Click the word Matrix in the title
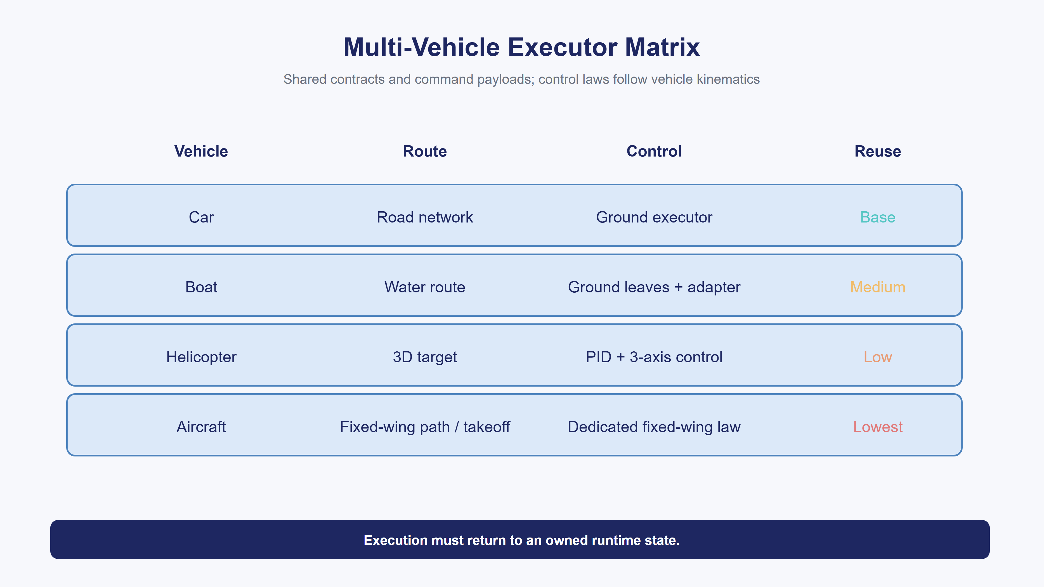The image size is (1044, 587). (x=662, y=47)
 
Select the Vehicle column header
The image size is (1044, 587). (x=201, y=151)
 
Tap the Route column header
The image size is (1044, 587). (x=425, y=151)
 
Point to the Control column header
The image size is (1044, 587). (x=654, y=151)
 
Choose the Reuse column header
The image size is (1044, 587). (x=878, y=151)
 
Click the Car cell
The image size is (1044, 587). (x=201, y=217)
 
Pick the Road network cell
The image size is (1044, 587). (x=425, y=217)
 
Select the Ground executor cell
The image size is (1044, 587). (x=654, y=217)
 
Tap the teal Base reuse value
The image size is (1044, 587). (x=878, y=217)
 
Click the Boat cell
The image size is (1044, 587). (x=201, y=287)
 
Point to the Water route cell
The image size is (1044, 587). (x=425, y=287)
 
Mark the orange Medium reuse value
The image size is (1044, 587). (x=878, y=287)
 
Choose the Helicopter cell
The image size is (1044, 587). (x=201, y=357)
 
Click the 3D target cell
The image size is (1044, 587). (x=425, y=357)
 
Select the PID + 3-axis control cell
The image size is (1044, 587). (x=654, y=357)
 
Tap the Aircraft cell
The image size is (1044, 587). (x=201, y=427)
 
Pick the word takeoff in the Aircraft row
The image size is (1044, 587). (x=487, y=427)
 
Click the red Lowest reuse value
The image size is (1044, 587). (x=878, y=427)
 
